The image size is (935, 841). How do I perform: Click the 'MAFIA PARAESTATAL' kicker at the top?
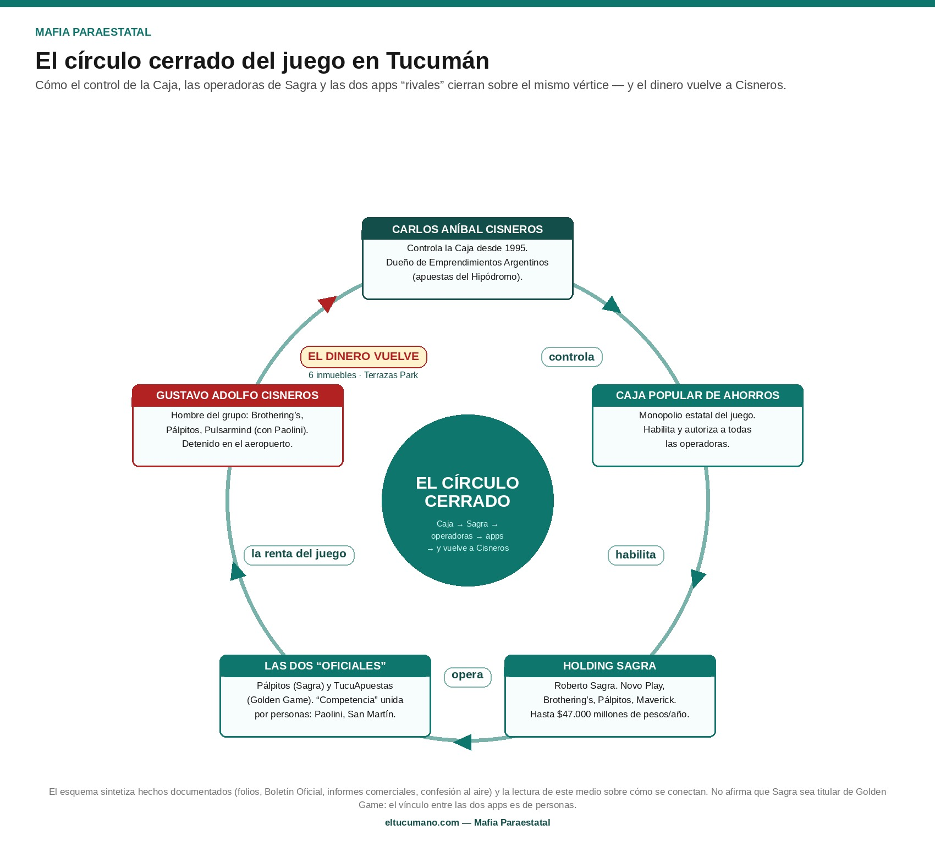tap(93, 32)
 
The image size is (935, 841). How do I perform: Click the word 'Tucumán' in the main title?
tap(437, 60)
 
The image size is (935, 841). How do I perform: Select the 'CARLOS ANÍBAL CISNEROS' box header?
tap(468, 229)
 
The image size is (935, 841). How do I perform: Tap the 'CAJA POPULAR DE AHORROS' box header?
tap(697, 395)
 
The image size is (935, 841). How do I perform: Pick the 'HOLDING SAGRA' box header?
tap(609, 666)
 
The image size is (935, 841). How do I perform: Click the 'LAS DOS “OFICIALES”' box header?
tap(325, 666)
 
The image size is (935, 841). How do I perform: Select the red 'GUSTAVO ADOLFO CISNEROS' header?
tap(238, 395)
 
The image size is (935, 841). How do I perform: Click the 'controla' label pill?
tap(572, 357)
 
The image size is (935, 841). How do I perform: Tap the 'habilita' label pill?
tap(636, 555)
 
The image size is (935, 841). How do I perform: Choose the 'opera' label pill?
tap(468, 676)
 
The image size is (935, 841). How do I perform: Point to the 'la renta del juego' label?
tap(299, 554)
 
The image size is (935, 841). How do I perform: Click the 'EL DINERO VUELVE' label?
tap(364, 356)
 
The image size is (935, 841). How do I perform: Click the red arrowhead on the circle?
tap(327, 303)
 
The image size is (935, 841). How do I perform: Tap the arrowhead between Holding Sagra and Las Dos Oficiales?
tap(463, 742)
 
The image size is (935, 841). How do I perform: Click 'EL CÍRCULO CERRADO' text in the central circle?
tap(468, 492)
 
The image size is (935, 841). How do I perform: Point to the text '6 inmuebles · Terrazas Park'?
tap(363, 375)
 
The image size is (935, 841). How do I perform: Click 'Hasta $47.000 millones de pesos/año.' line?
tap(609, 714)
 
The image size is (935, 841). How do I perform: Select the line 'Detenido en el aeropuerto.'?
tap(238, 444)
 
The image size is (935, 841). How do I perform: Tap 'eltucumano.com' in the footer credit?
tap(422, 822)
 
